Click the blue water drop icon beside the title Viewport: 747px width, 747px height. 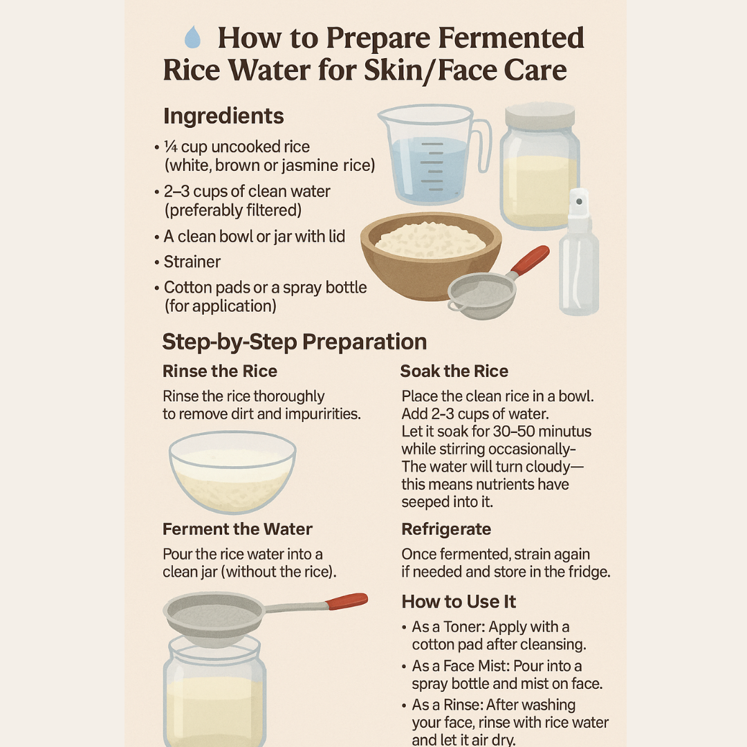click(x=192, y=37)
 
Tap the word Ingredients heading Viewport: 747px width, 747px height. click(x=223, y=116)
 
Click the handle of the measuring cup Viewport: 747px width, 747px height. click(x=482, y=145)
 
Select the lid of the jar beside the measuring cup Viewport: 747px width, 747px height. click(x=539, y=116)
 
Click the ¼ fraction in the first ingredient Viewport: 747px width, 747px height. click(x=170, y=146)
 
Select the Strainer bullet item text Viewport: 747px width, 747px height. click(x=192, y=261)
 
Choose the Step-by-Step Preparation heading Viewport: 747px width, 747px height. click(x=295, y=342)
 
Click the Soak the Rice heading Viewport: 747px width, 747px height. click(x=454, y=371)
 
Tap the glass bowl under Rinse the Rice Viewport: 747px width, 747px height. click(x=232, y=472)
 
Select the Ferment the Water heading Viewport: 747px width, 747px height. click(x=237, y=529)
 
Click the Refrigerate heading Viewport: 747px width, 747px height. click(x=446, y=529)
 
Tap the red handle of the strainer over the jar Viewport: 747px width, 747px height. click(x=348, y=601)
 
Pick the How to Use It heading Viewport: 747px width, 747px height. click(x=459, y=601)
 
